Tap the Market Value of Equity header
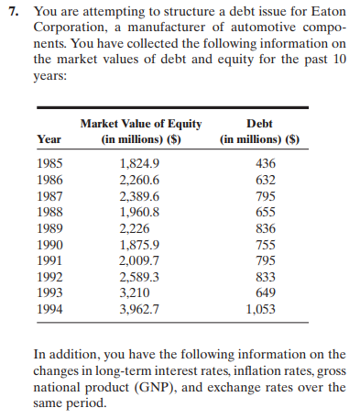[x=141, y=123]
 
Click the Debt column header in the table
[x=263, y=123]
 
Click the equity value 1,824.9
[x=139, y=161]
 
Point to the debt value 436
[x=264, y=161]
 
